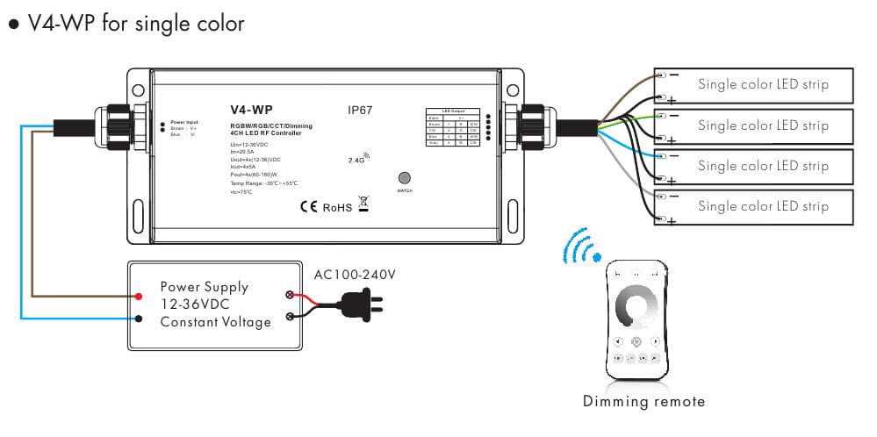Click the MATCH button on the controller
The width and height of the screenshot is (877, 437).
(x=405, y=176)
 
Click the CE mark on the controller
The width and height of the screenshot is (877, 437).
(x=308, y=207)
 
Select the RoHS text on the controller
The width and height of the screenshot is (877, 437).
(x=336, y=208)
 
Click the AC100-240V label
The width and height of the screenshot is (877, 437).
(x=355, y=275)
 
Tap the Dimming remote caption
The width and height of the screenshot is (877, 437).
(x=643, y=402)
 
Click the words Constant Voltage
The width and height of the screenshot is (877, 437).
(x=215, y=322)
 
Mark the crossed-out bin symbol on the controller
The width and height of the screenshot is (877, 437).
(x=363, y=204)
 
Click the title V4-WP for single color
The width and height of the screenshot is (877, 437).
(x=126, y=24)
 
